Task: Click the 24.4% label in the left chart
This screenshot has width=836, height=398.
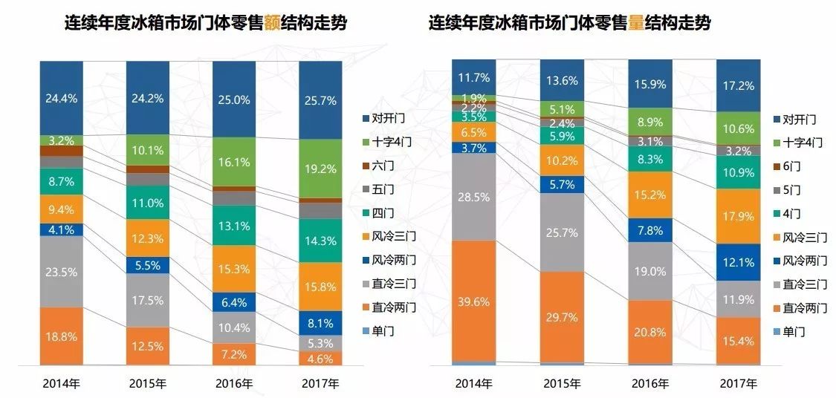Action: (61, 97)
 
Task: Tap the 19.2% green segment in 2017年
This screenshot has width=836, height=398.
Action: (320, 169)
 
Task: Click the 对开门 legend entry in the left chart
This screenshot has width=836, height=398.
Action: (383, 118)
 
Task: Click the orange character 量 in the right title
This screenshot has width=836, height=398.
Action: (637, 23)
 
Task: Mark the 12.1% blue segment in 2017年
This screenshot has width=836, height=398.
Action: (738, 262)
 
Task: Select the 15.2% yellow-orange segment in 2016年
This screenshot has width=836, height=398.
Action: (650, 195)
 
